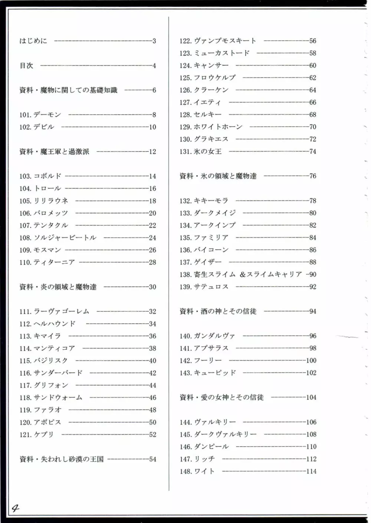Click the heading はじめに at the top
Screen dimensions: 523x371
(x=33, y=41)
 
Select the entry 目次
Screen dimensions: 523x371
(x=26, y=66)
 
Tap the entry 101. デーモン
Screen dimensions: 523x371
(x=40, y=115)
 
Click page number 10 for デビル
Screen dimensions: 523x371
(x=152, y=127)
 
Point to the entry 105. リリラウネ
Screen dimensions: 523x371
(x=44, y=201)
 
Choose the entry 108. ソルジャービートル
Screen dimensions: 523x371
(x=58, y=238)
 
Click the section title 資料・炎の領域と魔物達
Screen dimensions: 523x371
(x=58, y=287)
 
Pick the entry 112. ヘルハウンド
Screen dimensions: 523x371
(x=47, y=324)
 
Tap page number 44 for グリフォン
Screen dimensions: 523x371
(x=152, y=385)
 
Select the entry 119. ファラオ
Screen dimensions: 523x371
(x=40, y=410)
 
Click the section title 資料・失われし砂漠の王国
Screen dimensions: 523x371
(x=62, y=459)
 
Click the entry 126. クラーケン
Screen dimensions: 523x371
(x=204, y=90)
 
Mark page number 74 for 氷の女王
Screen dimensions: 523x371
(x=313, y=152)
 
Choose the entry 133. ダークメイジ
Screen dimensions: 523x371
(x=208, y=213)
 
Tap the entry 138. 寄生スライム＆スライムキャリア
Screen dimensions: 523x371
(x=241, y=275)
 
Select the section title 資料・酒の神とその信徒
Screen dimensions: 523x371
(x=218, y=311)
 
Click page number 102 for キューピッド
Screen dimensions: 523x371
(x=311, y=373)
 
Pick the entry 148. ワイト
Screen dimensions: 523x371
(x=197, y=471)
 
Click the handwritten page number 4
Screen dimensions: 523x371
(x=15, y=508)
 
